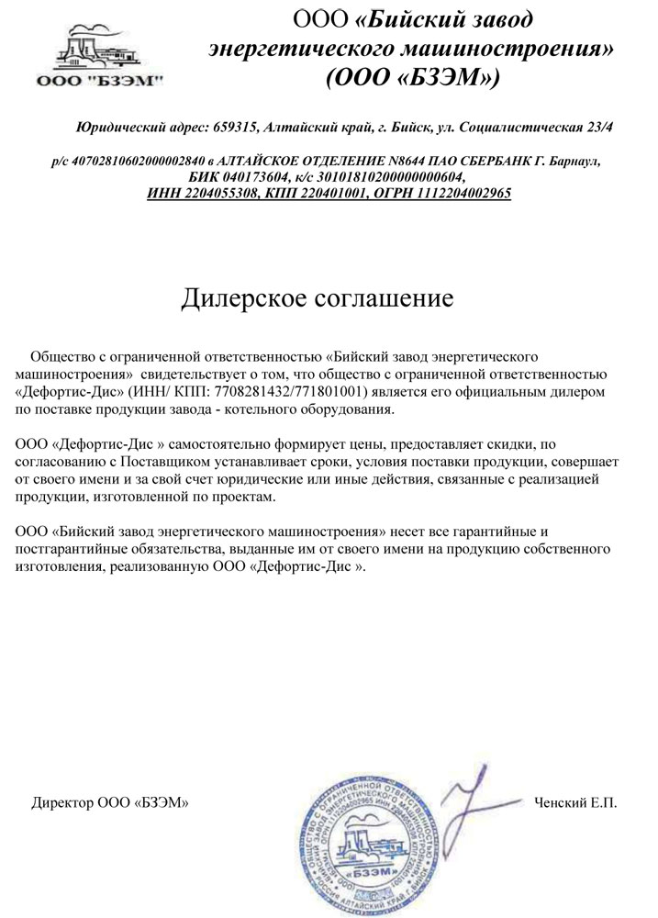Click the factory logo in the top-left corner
99,56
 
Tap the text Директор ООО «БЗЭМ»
110,802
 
